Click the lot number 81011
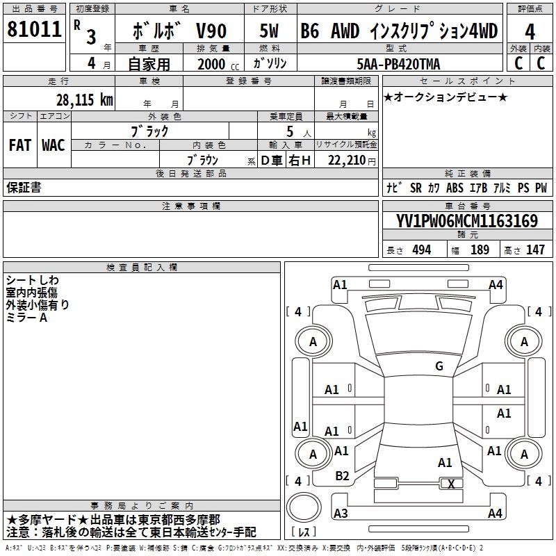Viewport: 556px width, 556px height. point(34,29)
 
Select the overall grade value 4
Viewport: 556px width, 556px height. point(530,32)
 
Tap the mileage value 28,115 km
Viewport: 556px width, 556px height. point(85,100)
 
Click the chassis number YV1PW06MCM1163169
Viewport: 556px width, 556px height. point(467,221)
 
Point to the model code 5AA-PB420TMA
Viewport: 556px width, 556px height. point(398,64)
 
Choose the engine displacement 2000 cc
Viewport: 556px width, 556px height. point(218,64)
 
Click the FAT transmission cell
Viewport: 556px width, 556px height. point(20,145)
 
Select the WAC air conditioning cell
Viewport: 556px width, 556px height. point(54,145)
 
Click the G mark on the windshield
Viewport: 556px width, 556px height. point(439,366)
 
